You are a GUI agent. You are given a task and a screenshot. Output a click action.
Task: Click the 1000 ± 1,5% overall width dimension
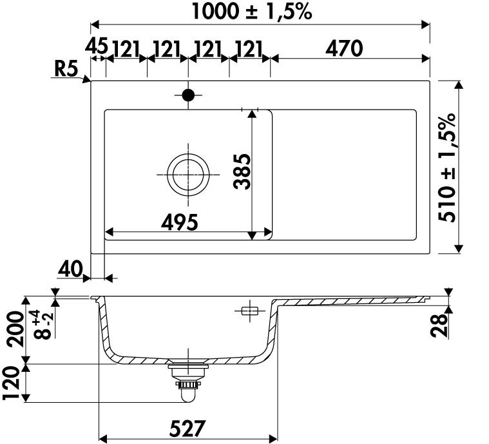coord(252,12)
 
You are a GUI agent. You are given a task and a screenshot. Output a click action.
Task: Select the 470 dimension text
coord(344,49)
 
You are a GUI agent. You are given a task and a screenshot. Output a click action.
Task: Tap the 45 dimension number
coord(97,46)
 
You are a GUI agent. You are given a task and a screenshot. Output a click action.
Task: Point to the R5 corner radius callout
coord(66,68)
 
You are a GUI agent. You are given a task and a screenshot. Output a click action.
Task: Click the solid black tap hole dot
coord(188,95)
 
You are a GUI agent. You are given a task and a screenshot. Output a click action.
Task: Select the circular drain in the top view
coord(188,175)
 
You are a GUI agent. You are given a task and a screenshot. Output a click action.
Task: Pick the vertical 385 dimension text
coord(242,171)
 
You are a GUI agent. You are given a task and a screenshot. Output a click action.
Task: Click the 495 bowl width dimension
coord(180,222)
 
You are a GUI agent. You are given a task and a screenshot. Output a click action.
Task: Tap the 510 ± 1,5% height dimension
coord(447,168)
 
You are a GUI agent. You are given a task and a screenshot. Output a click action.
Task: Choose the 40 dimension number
coord(70,269)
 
